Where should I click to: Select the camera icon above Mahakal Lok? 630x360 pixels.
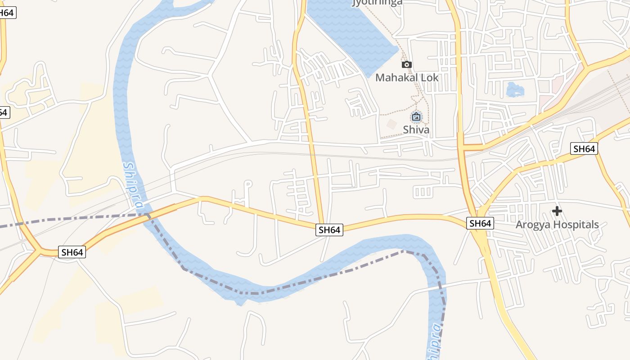pyautogui.click(x=407, y=65)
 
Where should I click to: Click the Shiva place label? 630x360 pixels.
pyautogui.click(x=416, y=130)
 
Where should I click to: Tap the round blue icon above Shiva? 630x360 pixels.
pyautogui.click(x=416, y=117)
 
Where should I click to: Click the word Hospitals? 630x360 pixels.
pyautogui.click(x=577, y=225)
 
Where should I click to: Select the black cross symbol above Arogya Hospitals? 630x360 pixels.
pyautogui.click(x=557, y=211)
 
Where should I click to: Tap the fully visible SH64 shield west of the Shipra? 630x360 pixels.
pyautogui.click(x=72, y=252)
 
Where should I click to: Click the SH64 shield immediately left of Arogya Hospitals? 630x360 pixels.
pyautogui.click(x=480, y=223)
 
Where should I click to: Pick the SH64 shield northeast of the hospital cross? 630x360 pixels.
pyautogui.click(x=584, y=148)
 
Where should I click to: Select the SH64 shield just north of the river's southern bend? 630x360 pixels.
pyautogui.click(x=329, y=230)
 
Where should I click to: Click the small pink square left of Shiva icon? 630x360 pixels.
pyautogui.click(x=392, y=123)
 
